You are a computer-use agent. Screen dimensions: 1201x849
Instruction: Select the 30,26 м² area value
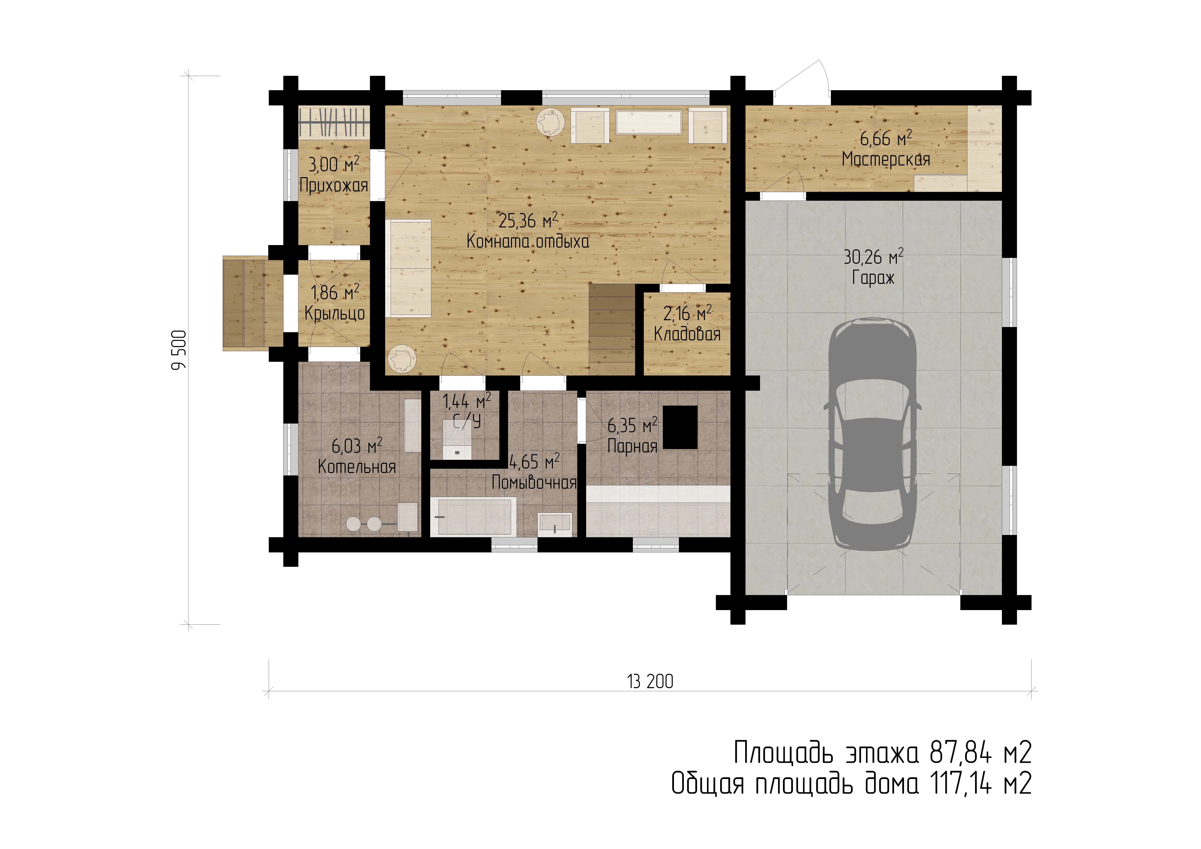pos(874,257)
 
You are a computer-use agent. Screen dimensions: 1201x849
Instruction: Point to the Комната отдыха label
pos(528,241)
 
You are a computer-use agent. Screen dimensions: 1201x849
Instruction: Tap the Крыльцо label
pos(335,313)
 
